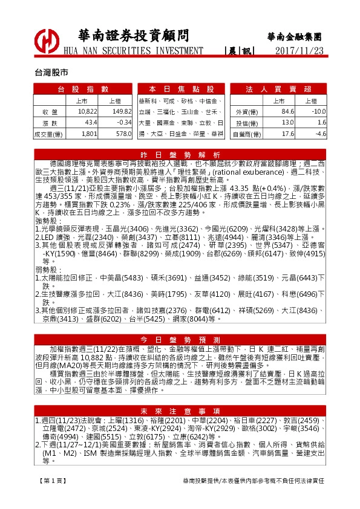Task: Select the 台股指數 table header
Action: tap(83, 89)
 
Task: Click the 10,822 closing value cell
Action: tap(88, 112)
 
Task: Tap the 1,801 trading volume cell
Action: tap(89, 133)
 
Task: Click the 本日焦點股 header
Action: tap(181, 89)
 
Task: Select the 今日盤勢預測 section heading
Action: tap(180, 340)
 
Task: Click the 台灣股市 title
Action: tap(51, 71)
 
